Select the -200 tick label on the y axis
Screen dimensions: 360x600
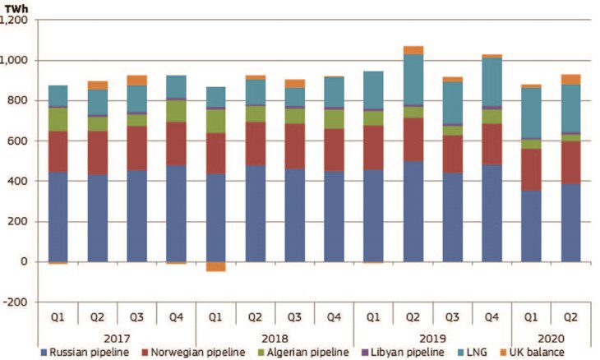click(x=17, y=302)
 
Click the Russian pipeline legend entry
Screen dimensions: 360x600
click(x=82, y=353)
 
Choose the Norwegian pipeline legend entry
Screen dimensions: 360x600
click(x=187, y=353)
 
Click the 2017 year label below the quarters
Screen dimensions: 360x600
click(x=117, y=335)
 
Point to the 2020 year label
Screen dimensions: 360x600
click(x=551, y=335)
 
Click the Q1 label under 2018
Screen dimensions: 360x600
click(x=215, y=316)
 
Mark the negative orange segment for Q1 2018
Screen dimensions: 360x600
click(x=215, y=266)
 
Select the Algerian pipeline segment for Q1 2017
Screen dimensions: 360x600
click(x=58, y=119)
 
